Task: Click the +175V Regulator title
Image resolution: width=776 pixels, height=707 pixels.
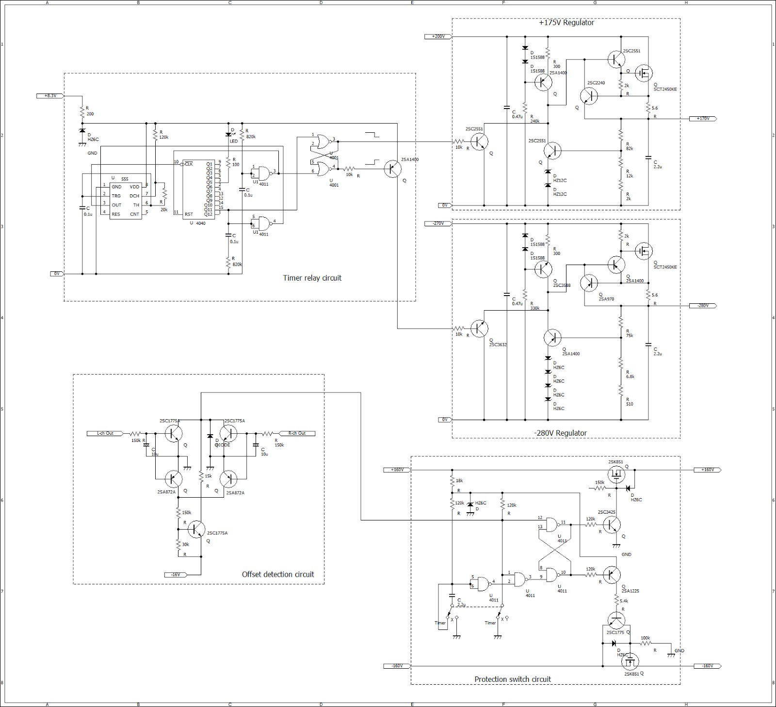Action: tap(566, 23)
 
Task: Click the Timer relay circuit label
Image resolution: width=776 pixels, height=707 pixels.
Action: tap(312, 278)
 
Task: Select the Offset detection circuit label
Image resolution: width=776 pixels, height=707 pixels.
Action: tap(278, 574)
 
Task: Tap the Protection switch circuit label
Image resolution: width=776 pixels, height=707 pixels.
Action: tap(512, 679)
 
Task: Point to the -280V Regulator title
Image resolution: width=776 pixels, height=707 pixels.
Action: tap(560, 433)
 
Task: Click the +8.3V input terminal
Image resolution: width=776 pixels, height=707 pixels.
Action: tap(50, 96)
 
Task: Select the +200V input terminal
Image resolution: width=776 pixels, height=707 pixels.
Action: tap(438, 36)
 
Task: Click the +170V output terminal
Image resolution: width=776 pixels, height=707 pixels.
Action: tap(703, 119)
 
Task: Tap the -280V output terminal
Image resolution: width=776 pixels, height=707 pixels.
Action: tap(703, 306)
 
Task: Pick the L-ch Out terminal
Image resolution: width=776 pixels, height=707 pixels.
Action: tap(105, 433)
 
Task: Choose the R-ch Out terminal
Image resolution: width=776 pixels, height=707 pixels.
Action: tap(297, 433)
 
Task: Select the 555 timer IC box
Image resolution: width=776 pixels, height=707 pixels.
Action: tap(125, 201)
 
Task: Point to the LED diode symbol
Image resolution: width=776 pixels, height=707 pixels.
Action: tap(228, 135)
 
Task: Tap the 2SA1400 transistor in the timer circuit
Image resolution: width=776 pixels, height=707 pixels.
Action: tap(392, 169)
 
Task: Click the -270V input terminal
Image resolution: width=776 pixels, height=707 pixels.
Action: tap(438, 223)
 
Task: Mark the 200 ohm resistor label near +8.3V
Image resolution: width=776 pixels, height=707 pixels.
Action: tap(90, 114)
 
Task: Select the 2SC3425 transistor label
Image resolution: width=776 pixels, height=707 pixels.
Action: tap(606, 512)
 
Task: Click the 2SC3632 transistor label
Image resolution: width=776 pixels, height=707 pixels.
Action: tap(498, 345)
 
